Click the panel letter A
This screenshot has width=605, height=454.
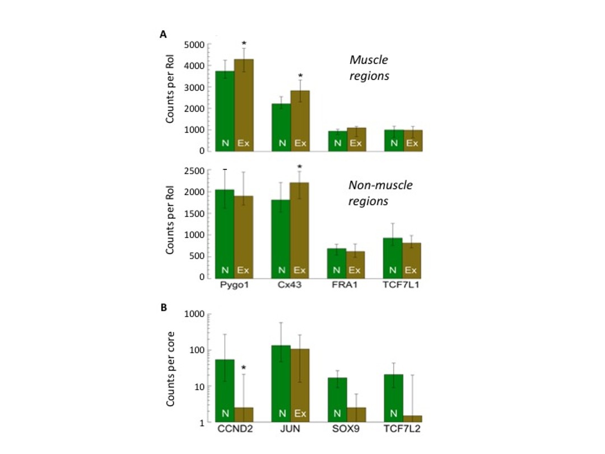[x=163, y=35]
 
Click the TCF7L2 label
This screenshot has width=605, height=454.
[x=402, y=432]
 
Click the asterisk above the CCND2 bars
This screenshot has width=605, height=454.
[x=244, y=369]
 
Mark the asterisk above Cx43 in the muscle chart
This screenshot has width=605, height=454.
[x=300, y=77]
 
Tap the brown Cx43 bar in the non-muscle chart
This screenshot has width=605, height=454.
[x=300, y=230]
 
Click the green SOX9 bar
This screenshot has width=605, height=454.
[x=337, y=400]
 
